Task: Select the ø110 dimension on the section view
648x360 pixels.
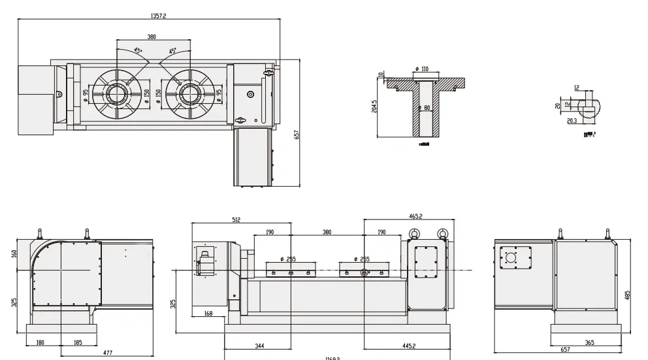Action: tap(421, 69)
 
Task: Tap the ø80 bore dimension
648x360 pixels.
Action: tap(425, 108)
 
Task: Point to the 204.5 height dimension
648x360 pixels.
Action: tap(374, 106)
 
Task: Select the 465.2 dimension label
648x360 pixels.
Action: tap(415, 216)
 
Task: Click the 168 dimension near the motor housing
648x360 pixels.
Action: tap(208, 314)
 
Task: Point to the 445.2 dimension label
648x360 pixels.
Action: tap(410, 345)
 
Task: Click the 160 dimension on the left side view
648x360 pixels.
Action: tap(14, 253)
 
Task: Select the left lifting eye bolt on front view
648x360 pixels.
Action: tap(413, 233)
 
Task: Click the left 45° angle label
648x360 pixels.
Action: tap(138, 50)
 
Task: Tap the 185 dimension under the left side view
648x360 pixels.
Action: tap(77, 342)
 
